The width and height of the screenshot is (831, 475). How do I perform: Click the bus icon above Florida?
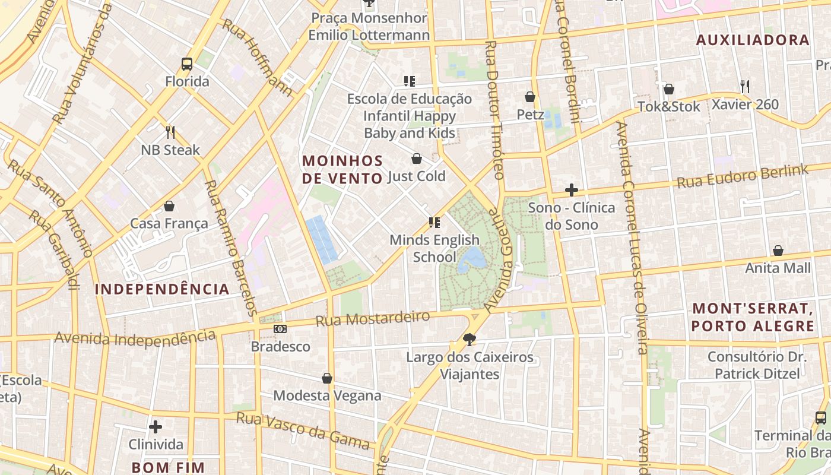[x=187, y=64]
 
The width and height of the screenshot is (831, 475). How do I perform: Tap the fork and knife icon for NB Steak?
[x=170, y=132]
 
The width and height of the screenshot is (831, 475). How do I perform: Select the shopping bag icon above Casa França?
[x=169, y=206]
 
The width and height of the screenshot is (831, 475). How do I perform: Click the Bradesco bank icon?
[x=280, y=329]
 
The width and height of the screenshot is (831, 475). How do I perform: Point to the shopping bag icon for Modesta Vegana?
[x=327, y=378]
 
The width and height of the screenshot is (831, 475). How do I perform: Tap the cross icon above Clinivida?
[x=156, y=427]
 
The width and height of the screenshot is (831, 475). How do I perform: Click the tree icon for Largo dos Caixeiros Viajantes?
[x=470, y=340]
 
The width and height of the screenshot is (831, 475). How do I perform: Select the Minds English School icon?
[x=434, y=223]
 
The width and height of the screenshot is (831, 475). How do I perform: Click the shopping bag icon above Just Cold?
[x=417, y=159]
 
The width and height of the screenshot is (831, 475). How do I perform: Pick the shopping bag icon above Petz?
[x=530, y=97]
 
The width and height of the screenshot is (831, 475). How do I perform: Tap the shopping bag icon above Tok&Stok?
[x=669, y=89]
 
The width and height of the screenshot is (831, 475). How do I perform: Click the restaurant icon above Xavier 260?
[x=745, y=87]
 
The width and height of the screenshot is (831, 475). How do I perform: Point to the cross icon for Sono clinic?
[x=572, y=190]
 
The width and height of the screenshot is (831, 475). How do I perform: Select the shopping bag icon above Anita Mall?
[x=778, y=251]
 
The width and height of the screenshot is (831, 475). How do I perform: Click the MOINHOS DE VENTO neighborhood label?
[x=342, y=169]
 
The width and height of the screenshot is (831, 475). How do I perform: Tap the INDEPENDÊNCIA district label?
[x=162, y=289]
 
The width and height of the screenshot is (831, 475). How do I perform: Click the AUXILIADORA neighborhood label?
[x=753, y=40]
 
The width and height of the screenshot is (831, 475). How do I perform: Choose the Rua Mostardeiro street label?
[x=372, y=318]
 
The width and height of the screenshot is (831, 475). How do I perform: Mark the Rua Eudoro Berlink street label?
[x=742, y=176]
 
